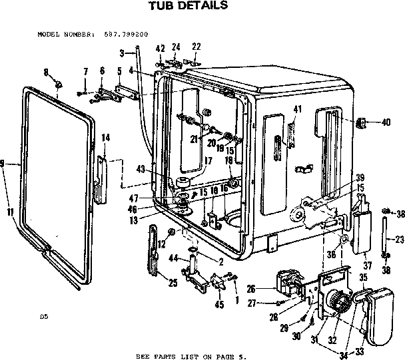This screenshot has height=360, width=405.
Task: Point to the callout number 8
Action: click(x=46, y=71)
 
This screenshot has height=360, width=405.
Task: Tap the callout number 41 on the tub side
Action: click(x=298, y=110)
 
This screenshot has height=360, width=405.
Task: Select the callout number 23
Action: click(x=399, y=240)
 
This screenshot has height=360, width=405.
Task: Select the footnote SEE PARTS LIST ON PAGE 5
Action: click(x=191, y=355)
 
